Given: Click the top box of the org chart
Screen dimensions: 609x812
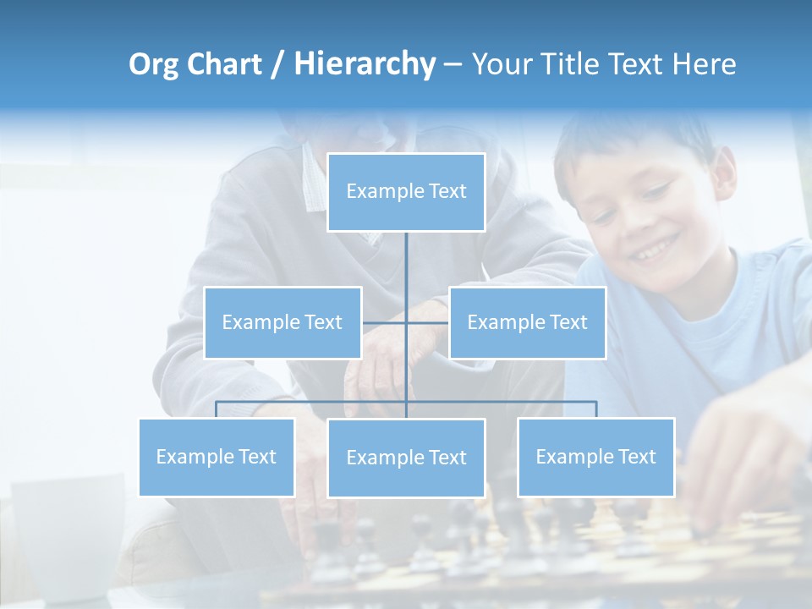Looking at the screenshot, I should (x=406, y=192).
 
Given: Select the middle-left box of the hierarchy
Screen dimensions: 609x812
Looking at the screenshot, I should (x=283, y=322).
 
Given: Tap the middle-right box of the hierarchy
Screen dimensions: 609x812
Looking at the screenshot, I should (x=527, y=322).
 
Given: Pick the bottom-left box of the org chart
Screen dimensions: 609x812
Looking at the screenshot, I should (x=216, y=457).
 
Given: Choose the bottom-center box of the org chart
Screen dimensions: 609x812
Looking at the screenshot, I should (x=406, y=458).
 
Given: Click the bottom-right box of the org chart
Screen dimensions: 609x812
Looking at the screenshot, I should (x=595, y=457).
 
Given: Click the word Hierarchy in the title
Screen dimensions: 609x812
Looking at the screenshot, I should (x=364, y=64).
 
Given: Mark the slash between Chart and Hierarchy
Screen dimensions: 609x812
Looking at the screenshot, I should (x=277, y=65).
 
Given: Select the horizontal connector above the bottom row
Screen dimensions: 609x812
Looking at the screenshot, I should (x=507, y=402).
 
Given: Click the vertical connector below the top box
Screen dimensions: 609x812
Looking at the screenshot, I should (x=406, y=262).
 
